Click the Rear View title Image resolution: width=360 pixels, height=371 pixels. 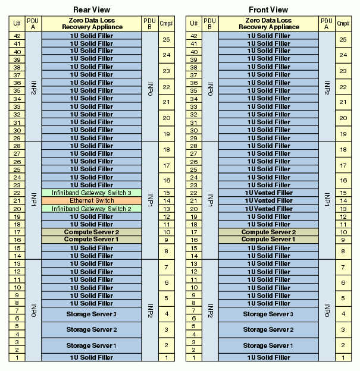[x=92, y=10]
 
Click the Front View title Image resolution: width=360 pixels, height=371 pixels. [x=268, y=10]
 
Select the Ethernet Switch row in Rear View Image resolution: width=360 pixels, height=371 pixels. [x=92, y=201]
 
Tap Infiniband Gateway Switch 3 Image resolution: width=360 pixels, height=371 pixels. [x=92, y=193]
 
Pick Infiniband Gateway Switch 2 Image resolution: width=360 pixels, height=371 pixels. [x=92, y=209]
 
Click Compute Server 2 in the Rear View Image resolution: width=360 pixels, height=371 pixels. [x=92, y=232]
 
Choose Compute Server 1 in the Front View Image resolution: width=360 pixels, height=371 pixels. [x=268, y=240]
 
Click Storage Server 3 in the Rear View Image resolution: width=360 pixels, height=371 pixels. [x=92, y=314]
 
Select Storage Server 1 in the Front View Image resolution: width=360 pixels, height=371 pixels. [x=268, y=345]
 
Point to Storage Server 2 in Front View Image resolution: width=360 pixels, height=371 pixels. [x=268, y=330]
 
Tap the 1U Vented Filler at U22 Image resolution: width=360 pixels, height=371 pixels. [x=268, y=193]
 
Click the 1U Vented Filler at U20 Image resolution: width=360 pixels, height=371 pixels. [x=268, y=209]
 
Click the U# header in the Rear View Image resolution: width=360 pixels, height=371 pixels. [x=17, y=24]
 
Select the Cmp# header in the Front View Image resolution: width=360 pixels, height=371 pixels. [x=343, y=24]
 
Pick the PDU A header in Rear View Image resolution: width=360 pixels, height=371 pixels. [x=33, y=24]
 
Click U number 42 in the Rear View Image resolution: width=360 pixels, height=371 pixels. [x=17, y=36]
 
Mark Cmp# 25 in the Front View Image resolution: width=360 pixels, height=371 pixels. [x=343, y=39]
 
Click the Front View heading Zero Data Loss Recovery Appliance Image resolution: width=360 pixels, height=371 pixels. [x=268, y=24]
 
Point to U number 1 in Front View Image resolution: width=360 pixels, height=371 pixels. [x=194, y=358]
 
